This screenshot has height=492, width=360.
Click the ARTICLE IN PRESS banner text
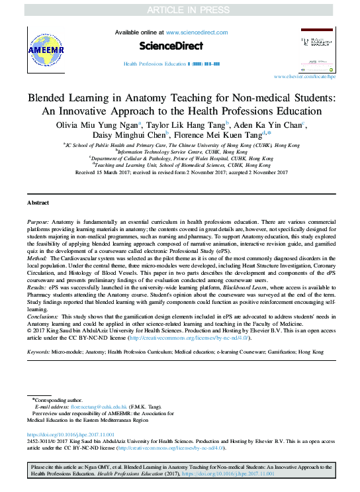(179, 9)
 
